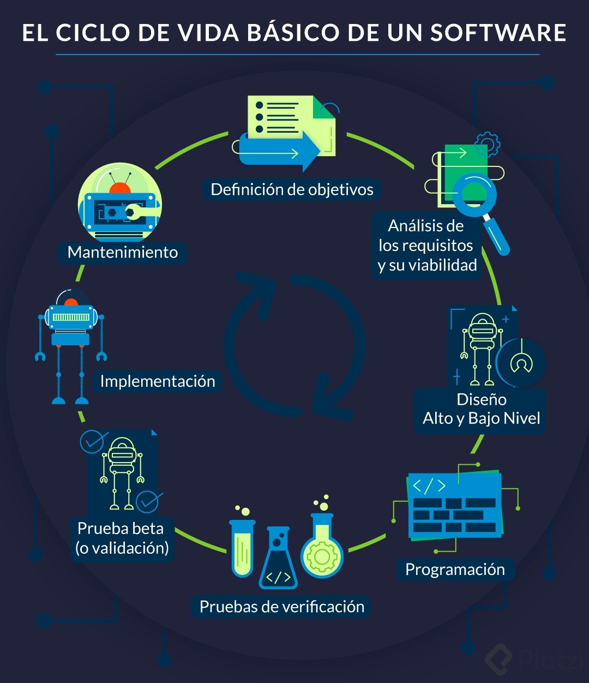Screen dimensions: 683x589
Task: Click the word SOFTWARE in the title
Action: point(498,33)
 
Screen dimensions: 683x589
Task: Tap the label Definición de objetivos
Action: point(292,190)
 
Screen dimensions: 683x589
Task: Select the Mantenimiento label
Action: point(122,253)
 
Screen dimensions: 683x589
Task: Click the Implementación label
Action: point(158,381)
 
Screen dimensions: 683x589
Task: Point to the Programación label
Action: point(455,570)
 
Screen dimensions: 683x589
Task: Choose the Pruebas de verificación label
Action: point(281,607)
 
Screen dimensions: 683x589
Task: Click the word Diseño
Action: point(482,399)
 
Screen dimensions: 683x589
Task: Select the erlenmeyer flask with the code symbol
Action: point(278,562)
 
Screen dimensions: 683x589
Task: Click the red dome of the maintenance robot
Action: point(120,188)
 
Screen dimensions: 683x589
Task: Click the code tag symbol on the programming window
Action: point(429,486)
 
